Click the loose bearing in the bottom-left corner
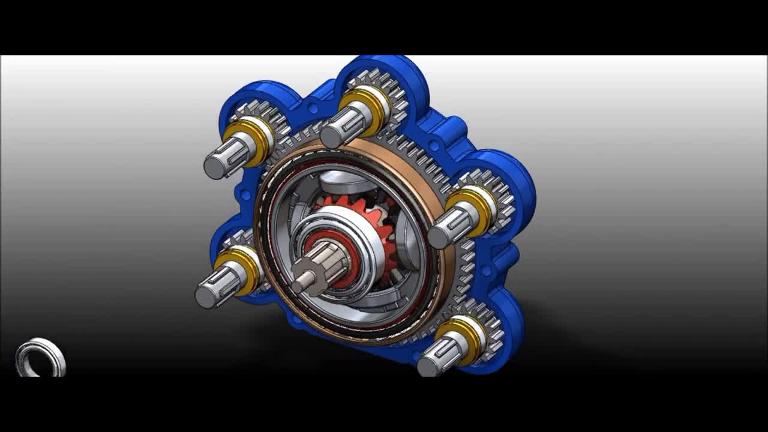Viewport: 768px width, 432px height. pyautogui.click(x=40, y=358)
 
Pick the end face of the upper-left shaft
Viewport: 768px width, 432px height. pyautogui.click(x=214, y=167)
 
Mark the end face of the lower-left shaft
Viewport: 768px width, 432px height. pyautogui.click(x=206, y=296)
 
